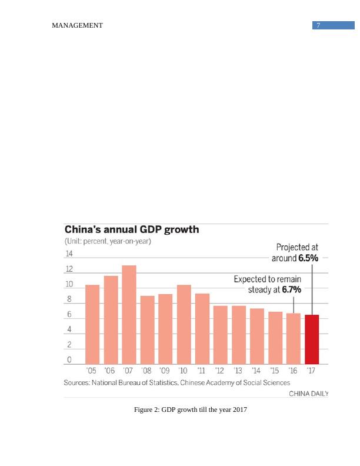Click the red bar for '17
pyautogui.click(x=312, y=339)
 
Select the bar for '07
pyautogui.click(x=129, y=315)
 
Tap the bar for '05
pyautogui.click(x=92, y=324)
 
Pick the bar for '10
pyautogui.click(x=184, y=324)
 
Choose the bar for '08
pyautogui.click(x=147, y=329)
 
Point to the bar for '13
pyautogui.click(x=239, y=335)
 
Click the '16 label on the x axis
pyautogui.click(x=293, y=371)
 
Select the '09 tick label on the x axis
pyautogui.click(x=165, y=371)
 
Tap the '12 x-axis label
pyautogui.click(x=219, y=371)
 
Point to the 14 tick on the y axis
pyautogui.click(x=69, y=254)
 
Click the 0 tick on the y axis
pyautogui.click(x=69, y=360)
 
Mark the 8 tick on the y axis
pyautogui.click(x=69, y=299)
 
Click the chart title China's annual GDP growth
pyautogui.click(x=131, y=229)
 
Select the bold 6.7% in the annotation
pyautogui.click(x=291, y=290)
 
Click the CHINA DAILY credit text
pyautogui.click(x=308, y=394)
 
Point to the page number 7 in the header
pyautogui.click(x=318, y=25)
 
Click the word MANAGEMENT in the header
pyautogui.click(x=77, y=25)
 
